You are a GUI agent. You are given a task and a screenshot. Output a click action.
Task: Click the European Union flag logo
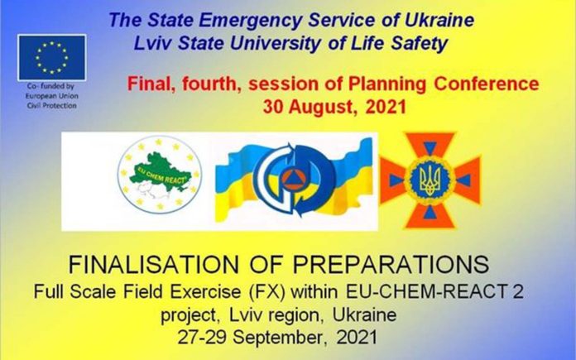click(x=52, y=57)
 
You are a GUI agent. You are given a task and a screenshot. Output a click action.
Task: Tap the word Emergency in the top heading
click(x=251, y=21)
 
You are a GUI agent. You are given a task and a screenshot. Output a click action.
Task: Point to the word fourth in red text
click(x=209, y=84)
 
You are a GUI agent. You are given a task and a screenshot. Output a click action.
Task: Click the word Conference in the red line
click(x=487, y=84)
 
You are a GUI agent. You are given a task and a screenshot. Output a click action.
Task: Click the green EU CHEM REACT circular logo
click(x=160, y=175)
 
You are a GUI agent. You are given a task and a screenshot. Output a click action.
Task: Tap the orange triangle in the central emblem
click(x=293, y=178)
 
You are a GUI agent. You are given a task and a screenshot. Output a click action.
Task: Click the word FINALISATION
click(x=154, y=265)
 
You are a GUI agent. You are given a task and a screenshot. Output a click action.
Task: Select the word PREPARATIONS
click(x=391, y=265)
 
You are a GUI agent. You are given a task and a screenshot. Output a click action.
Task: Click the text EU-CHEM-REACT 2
click(x=434, y=292)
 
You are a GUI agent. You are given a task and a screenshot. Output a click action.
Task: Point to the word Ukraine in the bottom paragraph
click(x=364, y=314)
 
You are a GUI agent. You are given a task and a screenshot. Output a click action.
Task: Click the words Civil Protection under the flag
click(x=52, y=105)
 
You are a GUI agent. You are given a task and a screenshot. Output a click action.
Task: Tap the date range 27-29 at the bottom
click(x=202, y=338)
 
